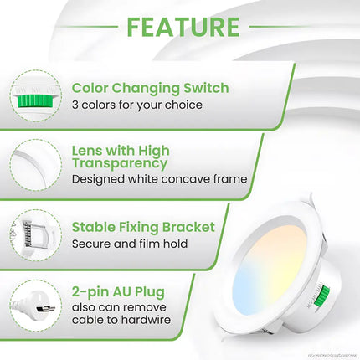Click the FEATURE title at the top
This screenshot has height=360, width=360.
182,27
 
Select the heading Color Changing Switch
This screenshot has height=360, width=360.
151,87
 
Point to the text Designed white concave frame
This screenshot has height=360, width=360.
159,178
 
